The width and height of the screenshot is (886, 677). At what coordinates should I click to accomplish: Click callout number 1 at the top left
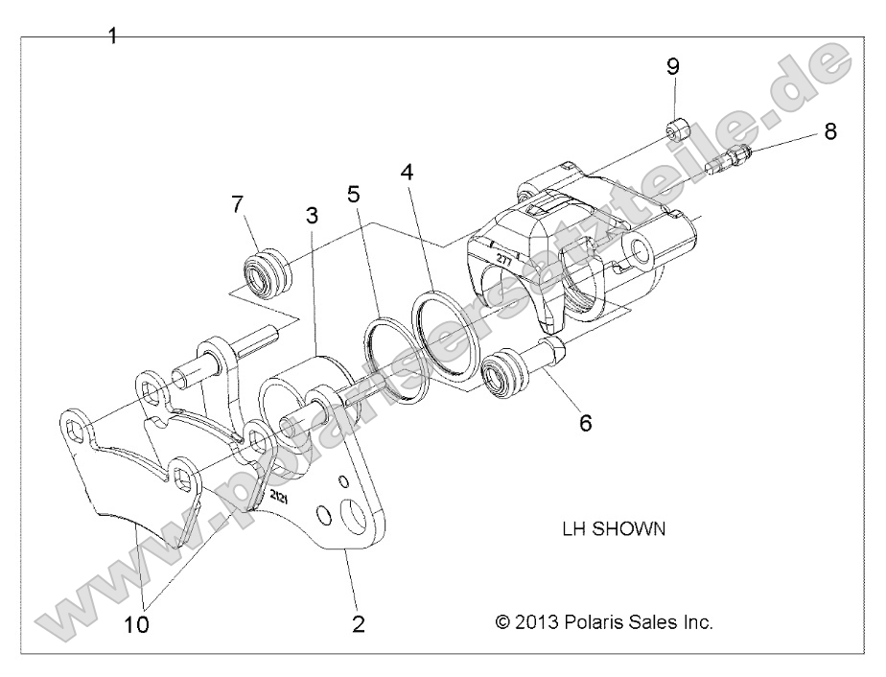(112, 36)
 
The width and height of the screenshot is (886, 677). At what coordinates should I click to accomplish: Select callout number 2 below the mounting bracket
(358, 624)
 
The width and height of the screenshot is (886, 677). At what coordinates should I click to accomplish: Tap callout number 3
(312, 216)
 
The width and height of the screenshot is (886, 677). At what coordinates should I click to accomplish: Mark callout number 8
(829, 131)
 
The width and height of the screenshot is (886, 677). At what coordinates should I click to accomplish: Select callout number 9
(673, 66)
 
